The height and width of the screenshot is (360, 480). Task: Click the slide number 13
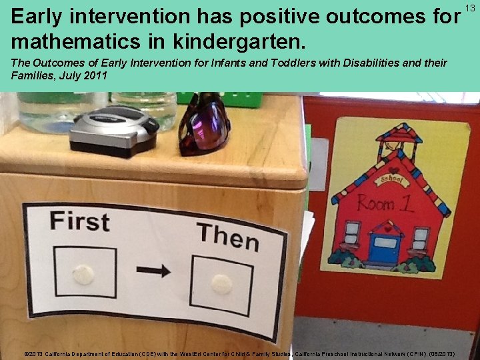[470, 7]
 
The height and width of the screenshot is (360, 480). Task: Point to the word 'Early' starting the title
[41, 16]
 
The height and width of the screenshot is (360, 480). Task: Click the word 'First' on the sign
[79, 221]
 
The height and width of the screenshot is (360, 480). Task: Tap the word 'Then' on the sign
[227, 236]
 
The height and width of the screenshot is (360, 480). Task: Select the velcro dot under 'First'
[83, 274]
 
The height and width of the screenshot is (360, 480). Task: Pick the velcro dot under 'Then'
[221, 283]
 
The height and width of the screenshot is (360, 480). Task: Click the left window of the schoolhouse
[353, 234]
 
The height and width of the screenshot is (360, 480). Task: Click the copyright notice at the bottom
[239, 353]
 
